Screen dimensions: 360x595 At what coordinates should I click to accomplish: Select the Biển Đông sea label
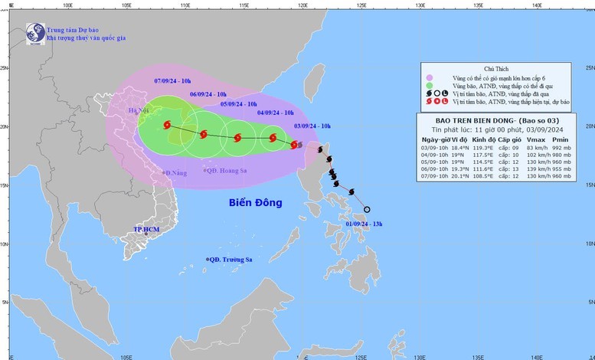pyautogui.click(x=255, y=203)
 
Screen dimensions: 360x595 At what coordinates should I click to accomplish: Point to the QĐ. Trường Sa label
pyautogui.click(x=231, y=260)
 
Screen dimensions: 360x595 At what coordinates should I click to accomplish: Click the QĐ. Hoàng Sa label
pyautogui.click(x=227, y=169)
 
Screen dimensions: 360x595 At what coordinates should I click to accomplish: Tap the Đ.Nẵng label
pyautogui.click(x=176, y=174)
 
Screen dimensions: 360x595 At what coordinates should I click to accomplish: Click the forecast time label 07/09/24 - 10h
pyautogui.click(x=174, y=80)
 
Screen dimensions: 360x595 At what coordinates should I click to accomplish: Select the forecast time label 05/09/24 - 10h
pyautogui.click(x=239, y=103)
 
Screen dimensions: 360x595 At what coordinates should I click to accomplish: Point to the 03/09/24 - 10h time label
pyautogui.click(x=313, y=124)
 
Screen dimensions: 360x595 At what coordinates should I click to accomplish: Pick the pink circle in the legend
pyautogui.click(x=430, y=77)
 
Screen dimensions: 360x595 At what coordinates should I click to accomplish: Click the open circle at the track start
pyautogui.click(x=367, y=210)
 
